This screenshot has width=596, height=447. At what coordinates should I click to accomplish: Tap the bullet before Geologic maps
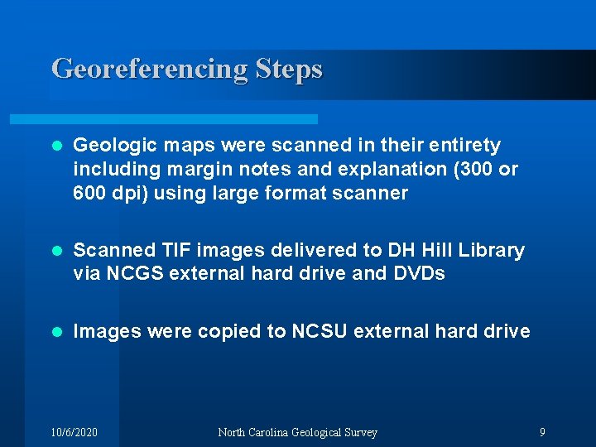pos(56,146)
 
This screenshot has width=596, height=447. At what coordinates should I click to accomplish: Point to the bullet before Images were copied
pos(56,332)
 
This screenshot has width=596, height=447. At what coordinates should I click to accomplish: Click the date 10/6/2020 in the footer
pos(74,432)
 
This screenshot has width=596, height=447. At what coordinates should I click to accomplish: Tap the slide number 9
pos(542,432)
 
